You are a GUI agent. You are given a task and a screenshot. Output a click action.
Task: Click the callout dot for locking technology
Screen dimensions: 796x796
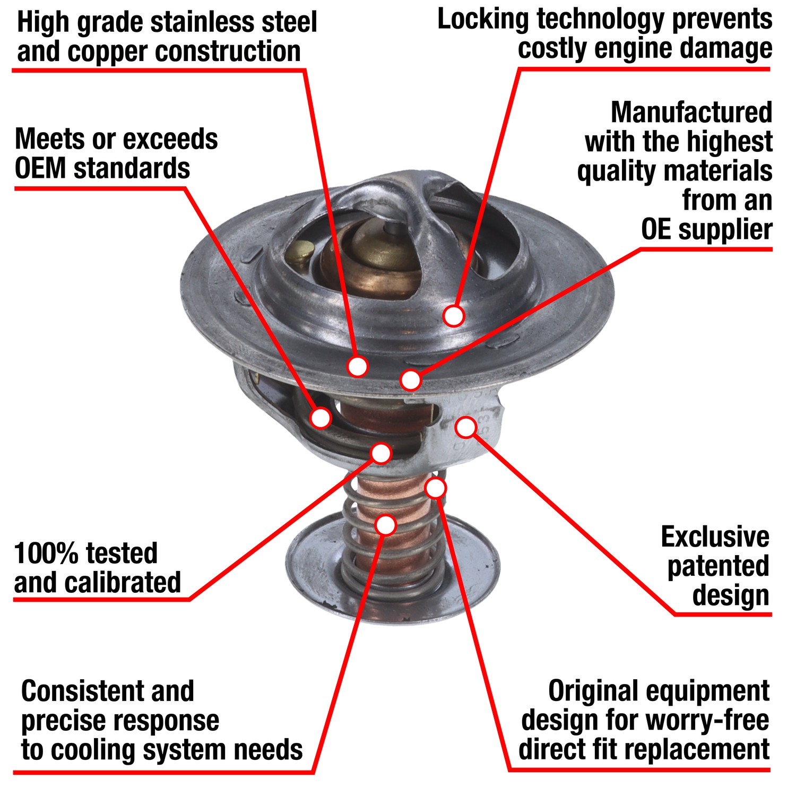click(x=454, y=316)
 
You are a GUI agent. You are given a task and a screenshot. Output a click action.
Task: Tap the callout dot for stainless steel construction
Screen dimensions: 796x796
click(x=358, y=366)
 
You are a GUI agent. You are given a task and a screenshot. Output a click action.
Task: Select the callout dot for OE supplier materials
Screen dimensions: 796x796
click(x=411, y=380)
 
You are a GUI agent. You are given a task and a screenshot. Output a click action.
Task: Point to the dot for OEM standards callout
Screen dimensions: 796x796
click(x=321, y=418)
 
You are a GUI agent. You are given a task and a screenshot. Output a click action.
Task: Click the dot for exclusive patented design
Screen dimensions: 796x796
click(x=466, y=427)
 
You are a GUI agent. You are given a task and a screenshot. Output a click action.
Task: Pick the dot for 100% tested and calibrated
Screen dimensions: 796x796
click(x=381, y=453)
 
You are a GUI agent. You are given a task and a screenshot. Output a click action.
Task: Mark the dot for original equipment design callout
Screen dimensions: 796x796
click(x=436, y=488)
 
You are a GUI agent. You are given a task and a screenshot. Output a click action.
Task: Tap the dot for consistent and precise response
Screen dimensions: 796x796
click(x=386, y=524)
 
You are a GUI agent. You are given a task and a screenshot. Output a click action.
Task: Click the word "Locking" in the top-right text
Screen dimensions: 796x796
click(x=483, y=20)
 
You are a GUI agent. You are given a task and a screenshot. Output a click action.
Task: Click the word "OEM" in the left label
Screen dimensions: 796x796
click(x=40, y=169)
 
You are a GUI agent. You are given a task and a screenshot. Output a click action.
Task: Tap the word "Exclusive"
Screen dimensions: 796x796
click(x=715, y=537)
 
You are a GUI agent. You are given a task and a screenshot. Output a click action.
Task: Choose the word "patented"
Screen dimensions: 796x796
click(x=718, y=567)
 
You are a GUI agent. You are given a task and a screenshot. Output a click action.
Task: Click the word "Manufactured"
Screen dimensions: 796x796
click(x=691, y=113)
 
